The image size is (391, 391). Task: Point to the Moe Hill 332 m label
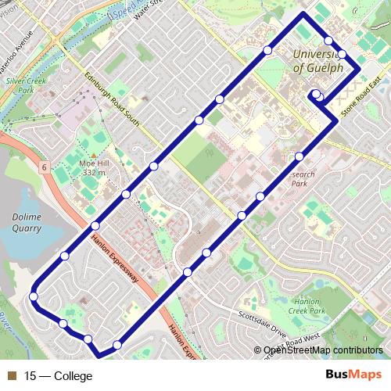pos(92,167)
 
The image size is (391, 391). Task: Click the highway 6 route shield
pos(45,167)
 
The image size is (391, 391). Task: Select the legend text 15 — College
pos(59,376)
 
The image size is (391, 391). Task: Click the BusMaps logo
pos(353,375)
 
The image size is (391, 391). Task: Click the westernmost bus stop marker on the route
pos(34,296)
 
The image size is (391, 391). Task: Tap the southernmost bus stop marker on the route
pos(117,345)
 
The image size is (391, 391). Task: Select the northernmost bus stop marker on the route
pos(329,41)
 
